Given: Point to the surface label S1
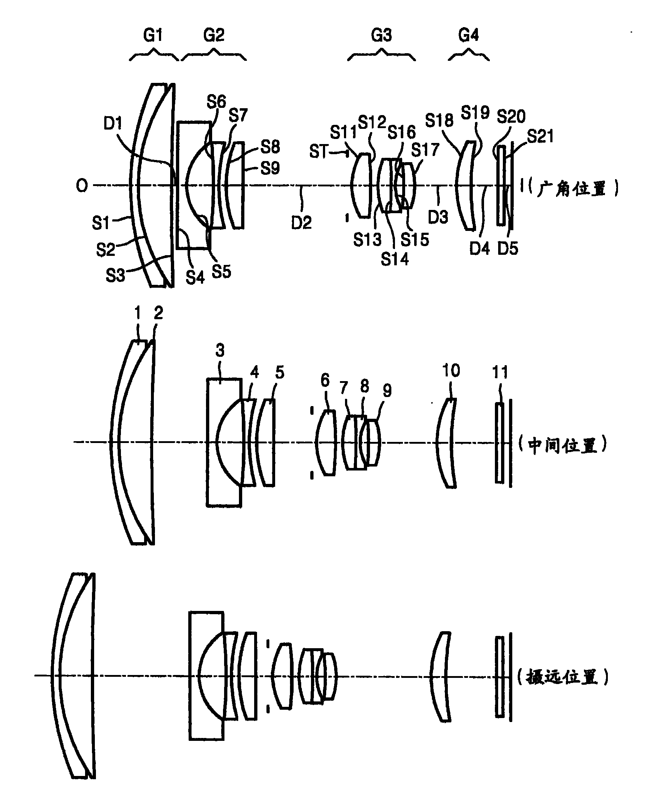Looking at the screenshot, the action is [x=101, y=223].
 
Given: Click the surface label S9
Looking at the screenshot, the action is [x=270, y=168].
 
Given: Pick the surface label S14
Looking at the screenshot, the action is [x=395, y=259].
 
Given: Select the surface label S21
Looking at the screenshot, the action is [x=541, y=136].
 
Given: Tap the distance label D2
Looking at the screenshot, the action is [x=301, y=223].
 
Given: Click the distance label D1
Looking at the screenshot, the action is [x=113, y=123].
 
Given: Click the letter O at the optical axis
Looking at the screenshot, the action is [x=82, y=185].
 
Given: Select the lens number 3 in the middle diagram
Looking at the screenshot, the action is [x=220, y=350].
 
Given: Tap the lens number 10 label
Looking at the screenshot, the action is [x=451, y=371].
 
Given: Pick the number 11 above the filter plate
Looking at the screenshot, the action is [x=500, y=372].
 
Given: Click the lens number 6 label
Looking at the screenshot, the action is [x=325, y=380].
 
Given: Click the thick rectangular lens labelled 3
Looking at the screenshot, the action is [x=224, y=442].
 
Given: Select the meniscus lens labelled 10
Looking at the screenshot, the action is [x=446, y=443].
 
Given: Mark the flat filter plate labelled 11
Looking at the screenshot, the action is [x=500, y=443].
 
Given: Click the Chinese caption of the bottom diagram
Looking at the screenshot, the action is [x=563, y=676].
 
